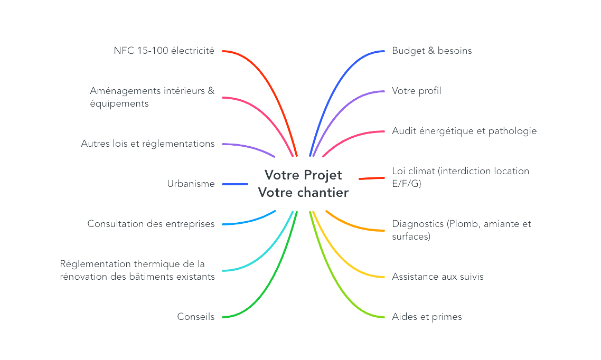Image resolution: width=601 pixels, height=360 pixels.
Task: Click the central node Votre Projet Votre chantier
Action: (x=303, y=184)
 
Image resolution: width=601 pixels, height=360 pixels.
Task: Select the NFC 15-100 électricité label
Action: (x=164, y=51)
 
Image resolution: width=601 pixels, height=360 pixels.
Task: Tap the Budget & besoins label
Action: (x=431, y=51)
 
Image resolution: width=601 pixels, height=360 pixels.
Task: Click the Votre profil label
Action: (x=416, y=91)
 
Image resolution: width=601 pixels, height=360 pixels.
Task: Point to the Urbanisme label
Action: (x=191, y=184)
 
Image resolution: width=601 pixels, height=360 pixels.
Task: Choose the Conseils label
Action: (x=195, y=317)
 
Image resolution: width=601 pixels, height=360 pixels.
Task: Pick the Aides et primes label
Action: (x=427, y=317)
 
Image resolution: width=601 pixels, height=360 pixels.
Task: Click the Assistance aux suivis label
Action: (x=437, y=277)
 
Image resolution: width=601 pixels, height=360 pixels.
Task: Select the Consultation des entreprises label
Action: (x=151, y=224)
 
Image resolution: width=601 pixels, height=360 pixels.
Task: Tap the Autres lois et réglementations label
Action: (x=148, y=144)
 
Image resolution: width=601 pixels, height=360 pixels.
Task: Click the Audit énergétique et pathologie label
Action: (x=464, y=131)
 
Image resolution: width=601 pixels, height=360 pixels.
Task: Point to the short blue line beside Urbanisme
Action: (x=235, y=184)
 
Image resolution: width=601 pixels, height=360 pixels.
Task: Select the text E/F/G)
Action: (x=406, y=184)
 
